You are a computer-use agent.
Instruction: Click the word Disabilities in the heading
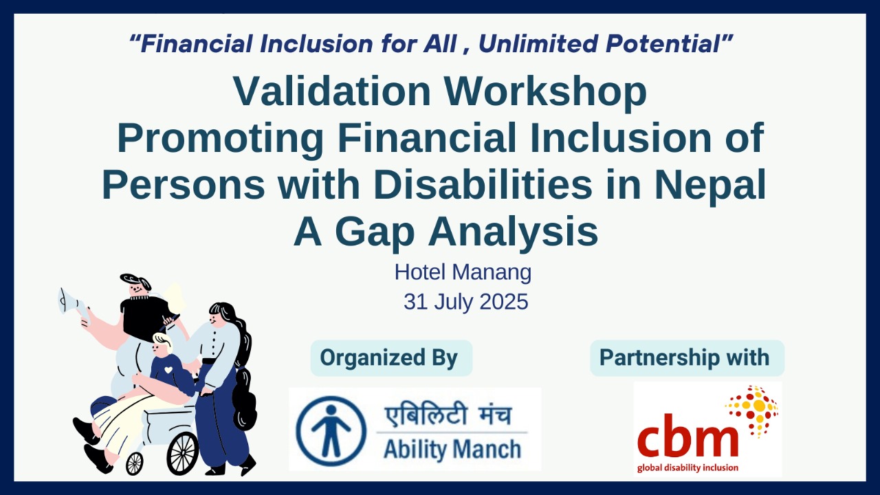(483, 184)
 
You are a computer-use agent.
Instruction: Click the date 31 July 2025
(466, 302)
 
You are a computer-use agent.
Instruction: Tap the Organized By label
(389, 358)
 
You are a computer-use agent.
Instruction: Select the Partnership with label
(684, 357)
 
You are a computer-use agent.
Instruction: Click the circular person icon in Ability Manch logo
(331, 431)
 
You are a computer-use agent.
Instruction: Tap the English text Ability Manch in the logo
(452, 450)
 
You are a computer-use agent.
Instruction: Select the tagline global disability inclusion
(687, 468)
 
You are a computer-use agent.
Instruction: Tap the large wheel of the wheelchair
(182, 453)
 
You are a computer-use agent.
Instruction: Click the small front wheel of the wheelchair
(134, 463)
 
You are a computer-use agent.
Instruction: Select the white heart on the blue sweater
(168, 370)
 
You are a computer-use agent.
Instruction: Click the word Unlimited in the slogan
(538, 43)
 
